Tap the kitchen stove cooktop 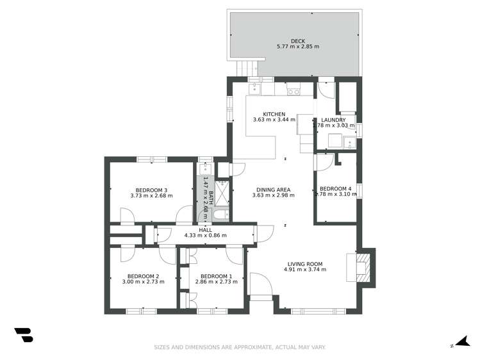pos(294,92)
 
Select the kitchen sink pos(254,89)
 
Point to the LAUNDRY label pos(334,120)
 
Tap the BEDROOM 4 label pos(336,188)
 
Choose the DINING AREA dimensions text pos(274,195)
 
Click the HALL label pos(204,229)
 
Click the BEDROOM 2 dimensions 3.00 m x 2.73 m pos(140,282)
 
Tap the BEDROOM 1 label pos(212,276)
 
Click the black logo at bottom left pos(23,334)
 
